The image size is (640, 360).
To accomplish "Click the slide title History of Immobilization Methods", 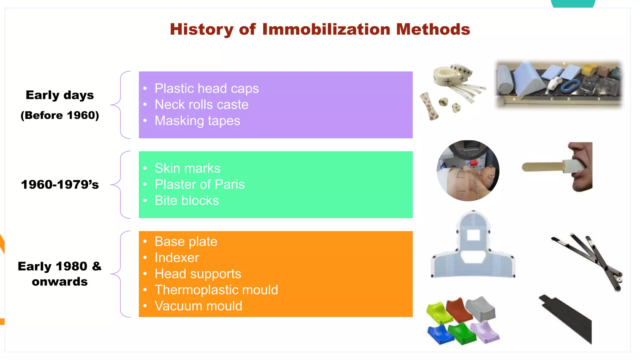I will tap(320, 29).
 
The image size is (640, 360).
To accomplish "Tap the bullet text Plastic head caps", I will tap(207, 88).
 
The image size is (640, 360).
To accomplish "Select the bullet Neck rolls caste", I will tap(201, 105).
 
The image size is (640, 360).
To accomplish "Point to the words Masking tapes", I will tap(197, 121).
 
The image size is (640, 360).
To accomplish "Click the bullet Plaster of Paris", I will tap(199, 184).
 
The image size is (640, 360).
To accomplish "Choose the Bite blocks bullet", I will tap(187, 201).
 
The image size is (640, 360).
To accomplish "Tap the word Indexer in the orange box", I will tap(177, 258).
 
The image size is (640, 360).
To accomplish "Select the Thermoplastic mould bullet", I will tap(216, 290).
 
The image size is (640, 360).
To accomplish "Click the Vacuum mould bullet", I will tap(198, 306).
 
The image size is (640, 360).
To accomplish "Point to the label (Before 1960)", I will tap(60, 115).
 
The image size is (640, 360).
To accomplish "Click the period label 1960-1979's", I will tap(60, 185).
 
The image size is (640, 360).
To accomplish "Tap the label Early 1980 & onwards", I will tap(60, 274).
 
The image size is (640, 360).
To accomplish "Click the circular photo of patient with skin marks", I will tap(467, 171).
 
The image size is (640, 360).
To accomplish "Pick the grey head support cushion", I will tap(481, 309).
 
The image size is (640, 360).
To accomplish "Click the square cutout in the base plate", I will tap(473, 235).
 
